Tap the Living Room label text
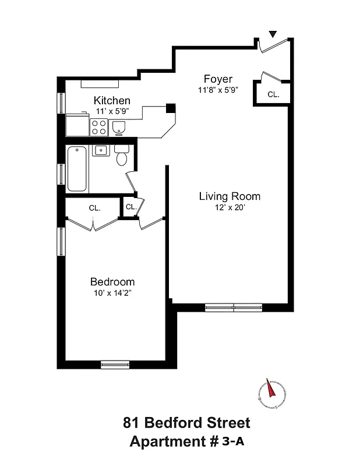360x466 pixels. pos(230,196)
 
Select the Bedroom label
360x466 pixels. pos(112,281)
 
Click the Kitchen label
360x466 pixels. pos(112,101)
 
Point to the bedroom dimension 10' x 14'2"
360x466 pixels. pos(112,293)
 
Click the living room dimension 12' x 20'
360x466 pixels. pos(230,207)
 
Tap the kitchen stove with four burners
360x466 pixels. pos(98,126)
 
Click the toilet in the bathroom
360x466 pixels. pos(122,156)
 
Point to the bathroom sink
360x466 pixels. pos(101,151)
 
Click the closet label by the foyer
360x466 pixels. pos(273,94)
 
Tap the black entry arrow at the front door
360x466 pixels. pos(272,35)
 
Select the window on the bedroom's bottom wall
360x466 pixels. pos(115,365)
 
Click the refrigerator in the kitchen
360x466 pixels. pos(77,124)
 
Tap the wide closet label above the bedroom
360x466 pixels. pos(94,207)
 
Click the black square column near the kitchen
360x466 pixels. pos(170,108)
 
